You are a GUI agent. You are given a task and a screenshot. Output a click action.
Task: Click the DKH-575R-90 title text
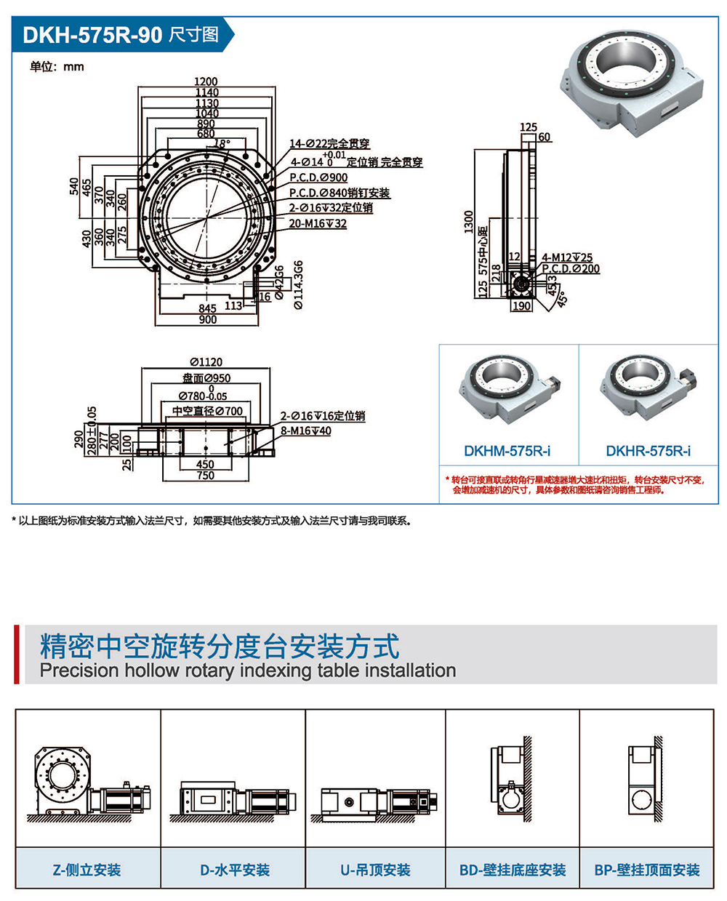click(92, 35)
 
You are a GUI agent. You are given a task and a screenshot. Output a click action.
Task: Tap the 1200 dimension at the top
click(206, 82)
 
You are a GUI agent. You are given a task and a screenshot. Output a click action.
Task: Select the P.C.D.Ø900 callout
click(318, 177)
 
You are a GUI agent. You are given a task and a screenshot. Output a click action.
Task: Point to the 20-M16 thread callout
click(318, 223)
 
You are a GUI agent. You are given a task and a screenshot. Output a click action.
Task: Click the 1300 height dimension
click(469, 222)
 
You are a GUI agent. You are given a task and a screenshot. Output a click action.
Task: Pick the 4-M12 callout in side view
click(567, 257)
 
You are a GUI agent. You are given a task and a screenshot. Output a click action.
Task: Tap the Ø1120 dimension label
click(206, 362)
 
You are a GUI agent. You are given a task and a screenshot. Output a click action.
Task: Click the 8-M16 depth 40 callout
click(305, 431)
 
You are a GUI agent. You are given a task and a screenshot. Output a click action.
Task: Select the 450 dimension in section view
click(205, 464)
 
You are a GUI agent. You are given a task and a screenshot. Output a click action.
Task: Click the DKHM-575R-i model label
click(507, 451)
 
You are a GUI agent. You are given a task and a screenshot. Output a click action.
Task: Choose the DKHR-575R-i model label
click(648, 451)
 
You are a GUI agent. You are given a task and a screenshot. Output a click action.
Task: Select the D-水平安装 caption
click(234, 870)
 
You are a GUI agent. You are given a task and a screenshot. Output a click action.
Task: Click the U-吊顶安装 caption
click(375, 870)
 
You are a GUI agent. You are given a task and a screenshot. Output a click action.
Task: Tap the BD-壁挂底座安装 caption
click(513, 870)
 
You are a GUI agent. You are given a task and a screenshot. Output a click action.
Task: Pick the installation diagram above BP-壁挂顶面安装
click(646, 782)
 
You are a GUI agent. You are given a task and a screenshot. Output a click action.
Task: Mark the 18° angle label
click(221, 144)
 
